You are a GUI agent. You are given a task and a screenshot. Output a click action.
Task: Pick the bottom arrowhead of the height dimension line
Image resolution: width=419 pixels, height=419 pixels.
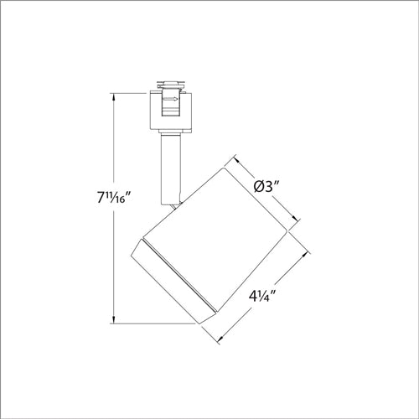(x=115, y=319)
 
